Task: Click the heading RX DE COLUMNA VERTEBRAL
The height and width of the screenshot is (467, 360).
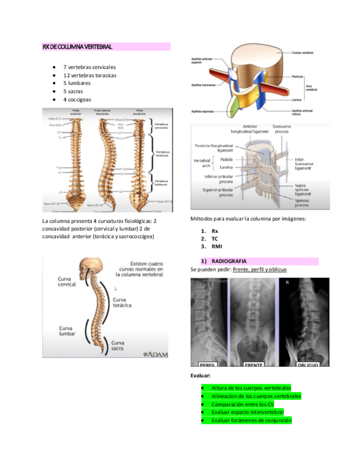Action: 77,47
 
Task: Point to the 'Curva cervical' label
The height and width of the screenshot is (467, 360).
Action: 69,282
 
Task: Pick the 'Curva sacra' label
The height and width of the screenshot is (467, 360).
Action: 121,345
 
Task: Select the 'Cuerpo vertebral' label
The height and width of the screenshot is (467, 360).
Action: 303,52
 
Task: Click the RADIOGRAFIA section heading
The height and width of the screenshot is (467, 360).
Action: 229,260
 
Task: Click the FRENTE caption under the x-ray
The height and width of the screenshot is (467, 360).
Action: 253,364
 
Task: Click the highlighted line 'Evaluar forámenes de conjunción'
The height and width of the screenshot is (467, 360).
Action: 251,420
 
